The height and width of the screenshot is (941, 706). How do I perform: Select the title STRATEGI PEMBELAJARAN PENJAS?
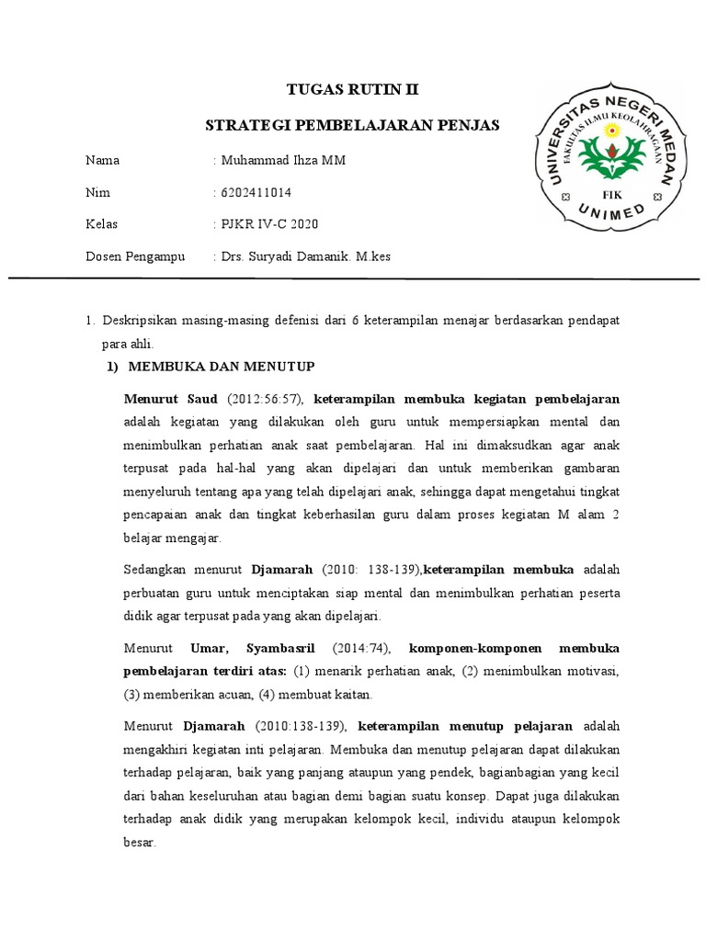352,124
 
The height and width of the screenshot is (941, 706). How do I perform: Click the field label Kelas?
102,224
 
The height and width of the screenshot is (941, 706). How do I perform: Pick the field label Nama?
103,160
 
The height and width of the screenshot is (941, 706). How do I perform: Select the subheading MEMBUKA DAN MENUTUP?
221,366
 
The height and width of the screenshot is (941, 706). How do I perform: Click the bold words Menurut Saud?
170,399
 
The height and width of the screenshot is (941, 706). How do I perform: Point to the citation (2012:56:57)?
265,399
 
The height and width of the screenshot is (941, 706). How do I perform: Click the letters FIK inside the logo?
610,195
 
